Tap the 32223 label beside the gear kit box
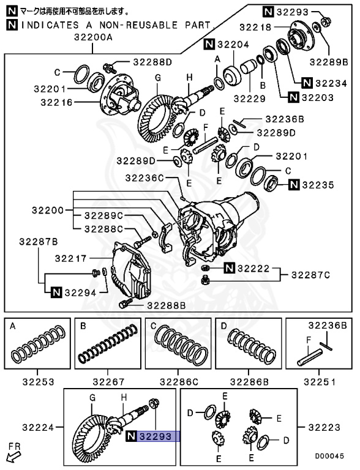pos(324,426)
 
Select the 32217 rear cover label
pos(72,259)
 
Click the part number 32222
pos(253,268)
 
